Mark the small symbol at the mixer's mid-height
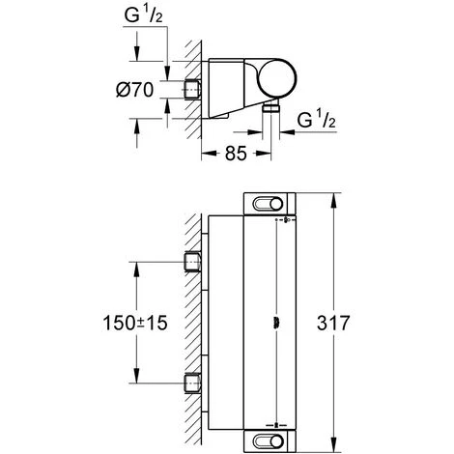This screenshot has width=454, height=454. (x=278, y=323)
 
